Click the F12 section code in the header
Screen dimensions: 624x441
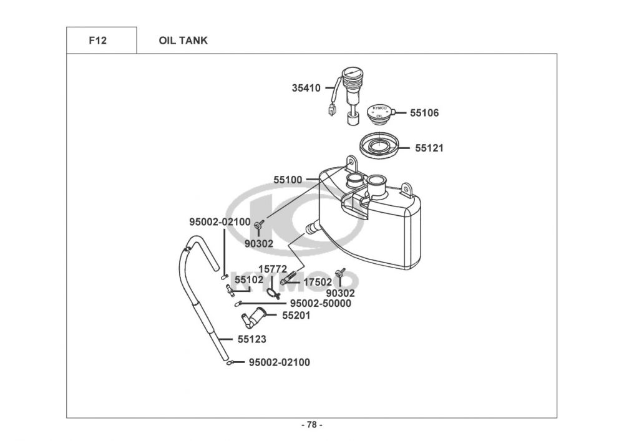(97, 41)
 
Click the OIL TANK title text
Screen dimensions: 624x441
(183, 41)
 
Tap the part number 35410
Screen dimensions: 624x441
(306, 88)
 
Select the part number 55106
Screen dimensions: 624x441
(424, 113)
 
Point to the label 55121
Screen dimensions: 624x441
(429, 148)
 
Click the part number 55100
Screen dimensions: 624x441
(288, 180)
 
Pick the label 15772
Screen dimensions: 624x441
(273, 269)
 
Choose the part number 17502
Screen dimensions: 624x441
(318, 283)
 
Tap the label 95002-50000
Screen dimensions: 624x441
(320, 303)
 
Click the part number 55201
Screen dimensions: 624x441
(296, 316)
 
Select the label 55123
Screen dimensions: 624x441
(252, 339)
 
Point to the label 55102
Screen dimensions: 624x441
(249, 279)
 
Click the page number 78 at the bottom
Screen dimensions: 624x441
(312, 425)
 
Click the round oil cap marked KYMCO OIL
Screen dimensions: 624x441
(379, 112)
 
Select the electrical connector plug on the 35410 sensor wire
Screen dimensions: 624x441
(331, 110)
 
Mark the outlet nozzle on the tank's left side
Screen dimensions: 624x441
(312, 228)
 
